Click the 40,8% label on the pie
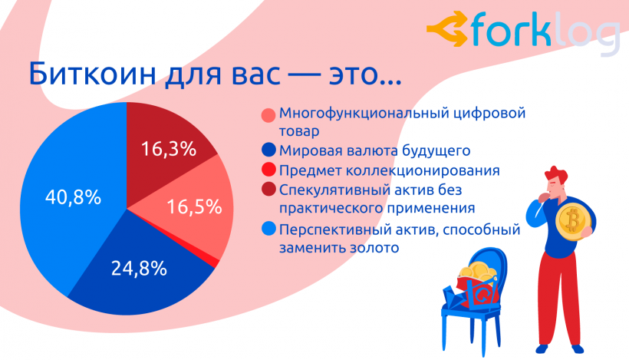click(x=74, y=197)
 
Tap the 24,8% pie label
click(x=138, y=269)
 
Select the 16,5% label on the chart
click(x=193, y=207)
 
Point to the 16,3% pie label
click(x=168, y=148)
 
